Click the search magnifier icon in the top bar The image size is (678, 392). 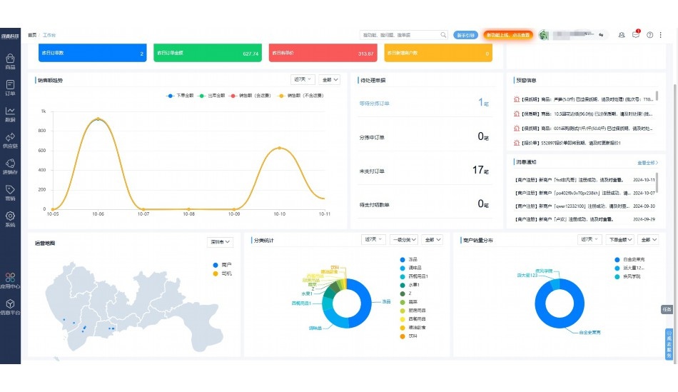click(x=443, y=34)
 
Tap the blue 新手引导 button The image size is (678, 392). click(x=465, y=34)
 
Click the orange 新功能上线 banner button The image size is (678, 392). click(x=507, y=34)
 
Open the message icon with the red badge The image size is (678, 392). click(x=635, y=34)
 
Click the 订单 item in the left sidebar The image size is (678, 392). click(x=10, y=88)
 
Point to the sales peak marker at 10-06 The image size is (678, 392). click(x=98, y=119)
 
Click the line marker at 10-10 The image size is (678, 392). click(x=279, y=148)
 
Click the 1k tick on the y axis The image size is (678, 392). click(x=44, y=111)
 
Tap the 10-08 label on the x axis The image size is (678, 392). click(x=188, y=213)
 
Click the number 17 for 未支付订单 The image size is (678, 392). click(x=478, y=170)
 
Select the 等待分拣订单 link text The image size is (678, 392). click(x=375, y=104)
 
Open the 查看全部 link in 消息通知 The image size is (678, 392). click(x=647, y=163)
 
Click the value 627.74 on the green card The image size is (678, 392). click(x=250, y=54)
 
